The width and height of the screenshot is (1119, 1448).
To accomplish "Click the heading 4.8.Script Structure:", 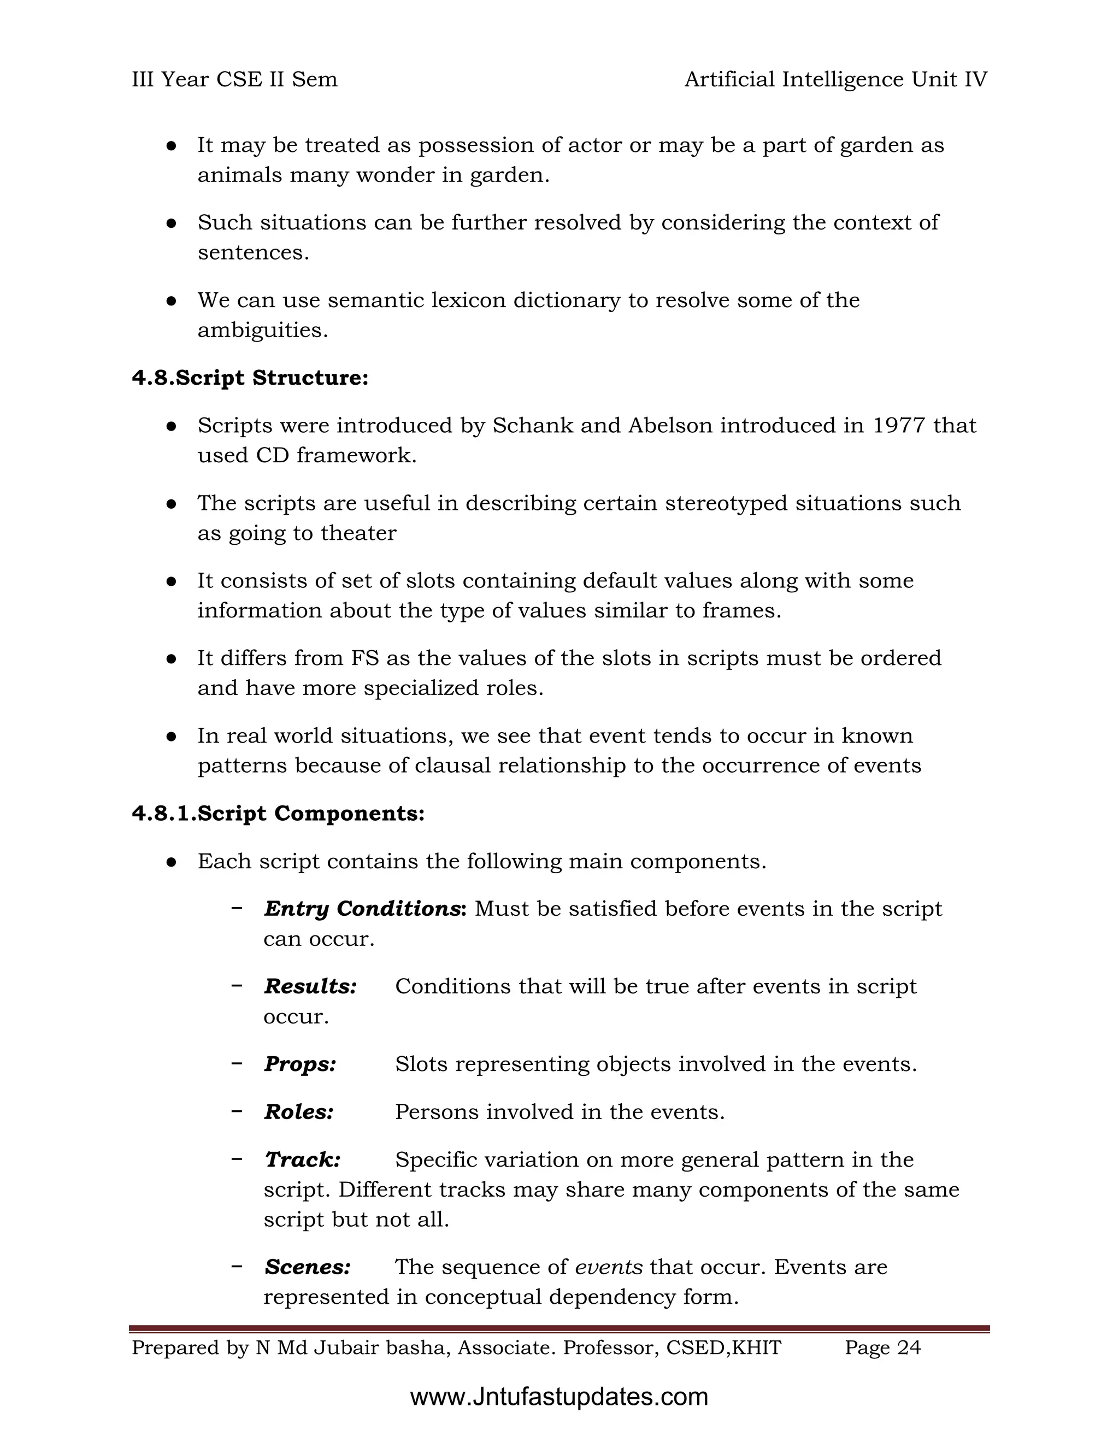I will coord(250,378).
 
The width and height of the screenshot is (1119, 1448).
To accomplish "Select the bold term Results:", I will coord(310,986).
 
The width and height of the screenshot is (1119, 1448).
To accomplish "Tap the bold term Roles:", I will coord(299,1111).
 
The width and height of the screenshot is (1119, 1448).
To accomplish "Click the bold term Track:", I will coord(302,1159).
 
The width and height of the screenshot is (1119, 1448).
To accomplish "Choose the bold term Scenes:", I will coord(308,1267).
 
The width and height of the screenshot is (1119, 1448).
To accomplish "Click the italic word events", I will coord(609,1267).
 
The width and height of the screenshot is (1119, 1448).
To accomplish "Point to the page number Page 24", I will coord(882,1348).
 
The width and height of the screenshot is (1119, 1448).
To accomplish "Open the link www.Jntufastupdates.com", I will coord(559,1397).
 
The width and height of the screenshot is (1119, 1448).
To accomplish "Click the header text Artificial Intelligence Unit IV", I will coord(835,80).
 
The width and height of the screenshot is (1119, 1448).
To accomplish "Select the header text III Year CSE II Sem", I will coord(234,80).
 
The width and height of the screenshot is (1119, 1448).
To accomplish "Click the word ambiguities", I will coord(262,330).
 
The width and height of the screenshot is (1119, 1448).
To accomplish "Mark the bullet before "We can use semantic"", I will coord(171,301).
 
